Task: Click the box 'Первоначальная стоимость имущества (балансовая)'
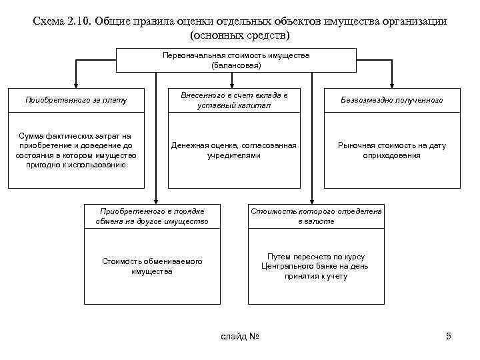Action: pyautogui.click(x=235, y=60)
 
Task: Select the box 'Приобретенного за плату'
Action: pyautogui.click(x=75, y=100)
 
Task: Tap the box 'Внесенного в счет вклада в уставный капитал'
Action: pyautogui.click(x=234, y=100)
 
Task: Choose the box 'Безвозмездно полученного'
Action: pyautogui.click(x=391, y=100)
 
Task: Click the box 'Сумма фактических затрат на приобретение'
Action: pyautogui.click(x=75, y=150)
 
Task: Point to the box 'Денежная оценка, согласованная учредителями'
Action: pyautogui.click(x=234, y=150)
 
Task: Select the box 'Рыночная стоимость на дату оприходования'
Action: pyautogui.click(x=391, y=150)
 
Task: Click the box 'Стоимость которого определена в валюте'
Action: pyautogui.click(x=316, y=215)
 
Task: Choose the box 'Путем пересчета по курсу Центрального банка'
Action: pyautogui.click(x=316, y=266)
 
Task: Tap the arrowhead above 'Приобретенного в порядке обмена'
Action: pyautogui.click(x=156, y=199)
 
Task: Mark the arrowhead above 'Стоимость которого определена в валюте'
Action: pyautogui.click(x=312, y=199)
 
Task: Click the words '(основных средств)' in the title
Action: pyautogui.click(x=240, y=34)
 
